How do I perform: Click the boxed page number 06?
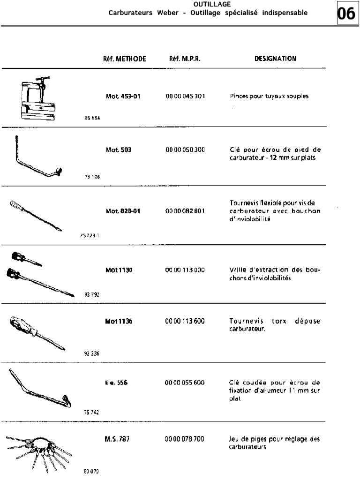[x=347, y=14]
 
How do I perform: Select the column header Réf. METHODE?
[x=125, y=59]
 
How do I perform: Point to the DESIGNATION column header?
[x=275, y=59]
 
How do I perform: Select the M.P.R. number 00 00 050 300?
[x=185, y=150]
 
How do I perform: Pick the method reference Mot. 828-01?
[x=123, y=211]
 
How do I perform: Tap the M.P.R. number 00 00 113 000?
[x=185, y=270]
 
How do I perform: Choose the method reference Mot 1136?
[x=119, y=322]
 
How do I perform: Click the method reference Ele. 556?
[x=117, y=382]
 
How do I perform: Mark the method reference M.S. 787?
[x=117, y=440]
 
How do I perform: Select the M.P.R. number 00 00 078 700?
[x=185, y=440]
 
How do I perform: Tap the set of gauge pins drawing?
[x=40, y=451]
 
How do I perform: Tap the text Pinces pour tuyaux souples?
[x=270, y=96]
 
